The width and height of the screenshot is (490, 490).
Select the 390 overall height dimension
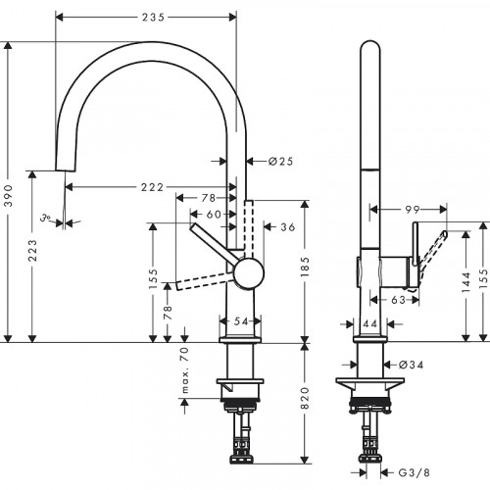click(x=10, y=195)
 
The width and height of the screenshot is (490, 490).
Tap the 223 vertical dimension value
click(x=34, y=257)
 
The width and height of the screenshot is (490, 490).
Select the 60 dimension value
click(x=213, y=213)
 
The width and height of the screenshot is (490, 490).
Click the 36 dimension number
click(x=287, y=227)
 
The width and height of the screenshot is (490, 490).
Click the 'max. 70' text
click(x=182, y=372)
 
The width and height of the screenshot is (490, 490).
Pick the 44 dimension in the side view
click(x=370, y=322)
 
